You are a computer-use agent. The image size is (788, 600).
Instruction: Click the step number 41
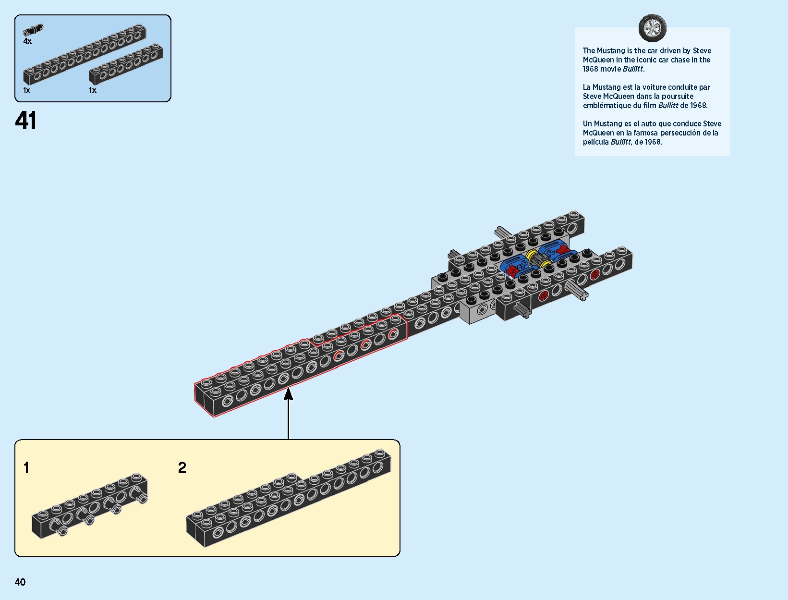(26, 121)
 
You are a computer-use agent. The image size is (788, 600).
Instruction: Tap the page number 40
(20, 582)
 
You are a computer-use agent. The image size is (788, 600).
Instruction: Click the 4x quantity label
(27, 41)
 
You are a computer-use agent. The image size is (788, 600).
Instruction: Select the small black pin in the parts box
(33, 30)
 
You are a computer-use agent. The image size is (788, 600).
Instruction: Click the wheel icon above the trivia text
(652, 28)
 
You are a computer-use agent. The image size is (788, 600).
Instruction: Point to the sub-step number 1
(26, 467)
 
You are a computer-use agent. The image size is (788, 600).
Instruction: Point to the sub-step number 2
(182, 467)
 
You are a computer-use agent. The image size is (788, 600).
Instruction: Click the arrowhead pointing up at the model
(288, 394)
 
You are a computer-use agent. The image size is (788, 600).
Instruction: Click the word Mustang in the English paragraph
(611, 50)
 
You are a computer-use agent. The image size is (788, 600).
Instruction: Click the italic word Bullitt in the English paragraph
(633, 69)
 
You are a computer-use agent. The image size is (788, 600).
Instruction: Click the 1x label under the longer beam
(27, 90)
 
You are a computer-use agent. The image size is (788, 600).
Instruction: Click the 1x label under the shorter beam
(93, 90)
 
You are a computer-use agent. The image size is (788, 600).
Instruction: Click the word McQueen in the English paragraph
(598, 60)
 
